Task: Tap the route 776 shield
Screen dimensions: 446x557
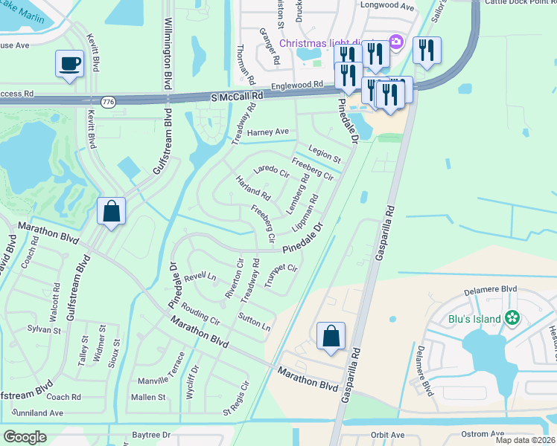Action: coord(109,102)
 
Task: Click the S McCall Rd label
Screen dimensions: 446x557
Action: coord(238,97)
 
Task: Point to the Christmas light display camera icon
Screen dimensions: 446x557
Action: coord(396,42)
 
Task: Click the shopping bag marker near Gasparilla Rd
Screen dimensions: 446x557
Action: coord(331,336)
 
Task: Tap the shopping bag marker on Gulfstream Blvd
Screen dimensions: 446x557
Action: coord(111,211)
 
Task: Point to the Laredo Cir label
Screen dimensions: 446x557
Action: coord(271,172)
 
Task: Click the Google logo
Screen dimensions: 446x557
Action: coord(25,437)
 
